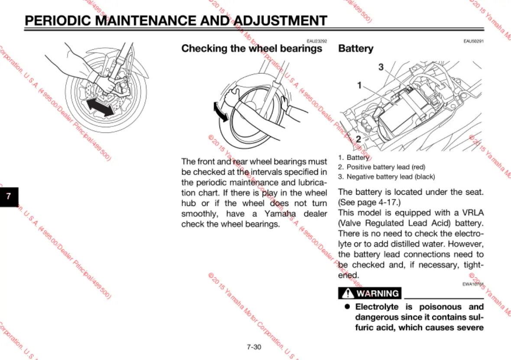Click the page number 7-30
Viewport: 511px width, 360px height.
(x=254, y=347)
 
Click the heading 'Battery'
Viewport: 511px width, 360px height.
(x=356, y=48)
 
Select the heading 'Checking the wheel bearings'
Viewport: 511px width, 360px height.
(x=252, y=48)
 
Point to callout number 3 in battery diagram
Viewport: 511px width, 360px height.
(x=381, y=67)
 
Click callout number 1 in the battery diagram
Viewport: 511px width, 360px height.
(x=359, y=85)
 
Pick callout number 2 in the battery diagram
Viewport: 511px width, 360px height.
(x=358, y=139)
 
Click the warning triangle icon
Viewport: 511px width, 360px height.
(x=347, y=293)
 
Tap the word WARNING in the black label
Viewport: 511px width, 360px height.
(x=377, y=293)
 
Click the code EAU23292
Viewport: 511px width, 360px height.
(x=317, y=41)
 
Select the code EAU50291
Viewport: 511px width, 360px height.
(x=473, y=41)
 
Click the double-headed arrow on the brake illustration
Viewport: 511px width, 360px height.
(x=100, y=106)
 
